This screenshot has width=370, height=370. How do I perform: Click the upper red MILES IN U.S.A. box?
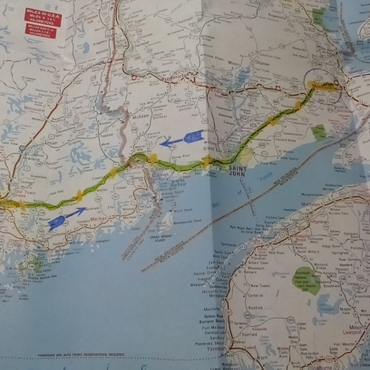click(42, 17)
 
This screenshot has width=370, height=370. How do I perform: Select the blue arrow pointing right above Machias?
click(66, 218)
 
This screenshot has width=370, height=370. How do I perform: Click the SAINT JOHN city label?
click(241, 168)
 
